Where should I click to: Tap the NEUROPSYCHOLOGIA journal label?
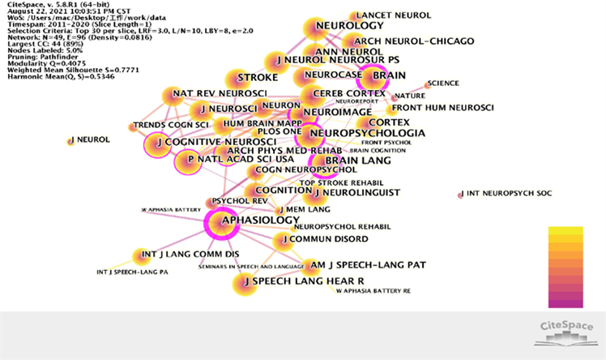tap(367, 133)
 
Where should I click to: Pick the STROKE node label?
tap(257, 78)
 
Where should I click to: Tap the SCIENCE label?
tap(442, 83)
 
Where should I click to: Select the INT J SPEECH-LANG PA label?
tap(132, 271)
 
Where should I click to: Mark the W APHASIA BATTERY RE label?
tap(373, 290)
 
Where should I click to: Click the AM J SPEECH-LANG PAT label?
tap(369, 265)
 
